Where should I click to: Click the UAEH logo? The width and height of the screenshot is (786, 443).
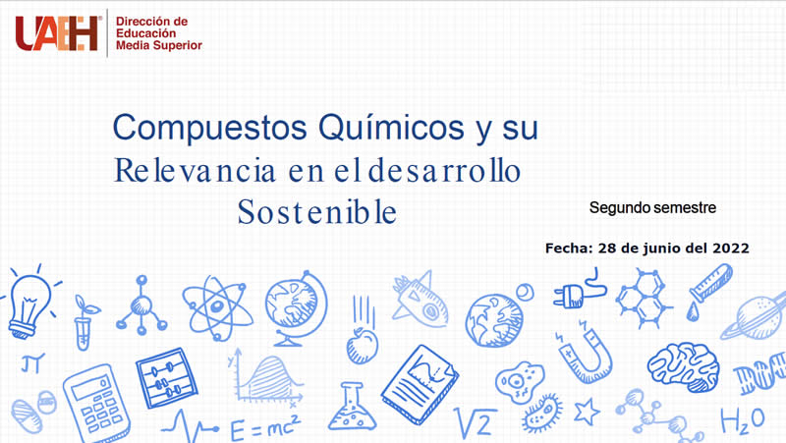(57, 33)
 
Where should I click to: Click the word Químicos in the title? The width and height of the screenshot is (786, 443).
(391, 129)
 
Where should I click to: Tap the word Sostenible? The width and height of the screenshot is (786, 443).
(316, 212)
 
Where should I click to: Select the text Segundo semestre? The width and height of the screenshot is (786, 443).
(652, 207)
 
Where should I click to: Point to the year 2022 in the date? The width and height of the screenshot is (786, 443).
(731, 249)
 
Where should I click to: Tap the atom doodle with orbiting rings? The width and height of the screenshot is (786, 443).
(217, 306)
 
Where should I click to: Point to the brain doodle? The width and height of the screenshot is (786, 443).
(683, 366)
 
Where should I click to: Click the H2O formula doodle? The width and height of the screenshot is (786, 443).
(743, 421)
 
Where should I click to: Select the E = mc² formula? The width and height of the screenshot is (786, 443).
(264, 427)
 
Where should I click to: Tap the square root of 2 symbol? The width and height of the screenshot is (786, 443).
(475, 422)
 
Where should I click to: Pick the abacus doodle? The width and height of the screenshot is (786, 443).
(166, 377)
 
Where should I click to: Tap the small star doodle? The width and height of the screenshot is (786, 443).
(586, 412)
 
